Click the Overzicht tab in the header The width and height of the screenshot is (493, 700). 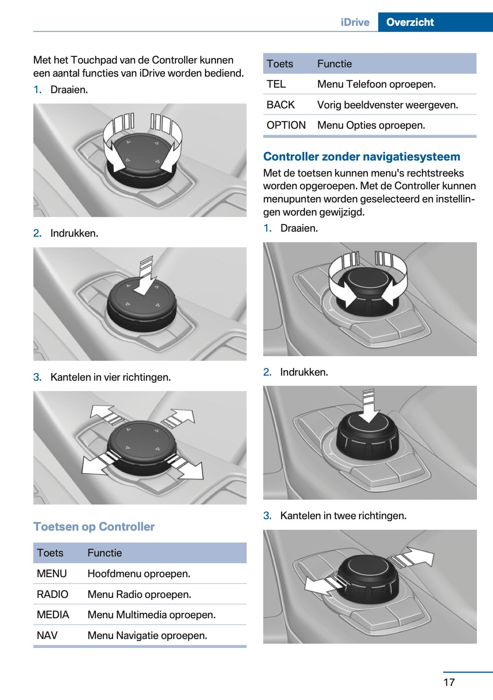(x=410, y=22)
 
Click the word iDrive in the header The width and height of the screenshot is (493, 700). (x=355, y=22)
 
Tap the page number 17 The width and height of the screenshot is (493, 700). (x=449, y=682)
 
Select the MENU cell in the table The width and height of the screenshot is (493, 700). (x=52, y=573)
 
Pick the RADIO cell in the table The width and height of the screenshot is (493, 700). (x=52, y=594)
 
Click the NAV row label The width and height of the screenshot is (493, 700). (x=47, y=635)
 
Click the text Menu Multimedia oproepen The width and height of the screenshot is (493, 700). (x=151, y=614)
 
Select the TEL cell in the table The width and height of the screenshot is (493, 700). (x=276, y=84)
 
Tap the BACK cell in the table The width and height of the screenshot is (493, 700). (x=280, y=105)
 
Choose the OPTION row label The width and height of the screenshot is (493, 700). (x=286, y=125)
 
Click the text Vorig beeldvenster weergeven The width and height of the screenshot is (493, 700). (x=387, y=105)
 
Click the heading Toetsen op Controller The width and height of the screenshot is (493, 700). (x=94, y=526)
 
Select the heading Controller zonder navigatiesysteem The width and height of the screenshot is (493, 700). (x=361, y=156)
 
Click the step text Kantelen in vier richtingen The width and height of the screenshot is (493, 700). (x=110, y=377)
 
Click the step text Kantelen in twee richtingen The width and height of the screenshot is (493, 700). (x=343, y=515)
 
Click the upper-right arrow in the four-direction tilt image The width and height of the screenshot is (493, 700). (x=180, y=418)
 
